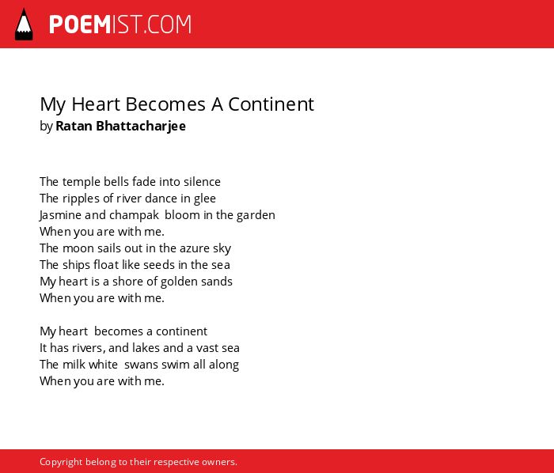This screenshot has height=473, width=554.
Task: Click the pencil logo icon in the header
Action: coord(24,25)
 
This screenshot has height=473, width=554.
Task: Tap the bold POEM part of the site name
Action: coord(80,25)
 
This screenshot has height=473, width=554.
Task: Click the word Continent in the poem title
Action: coord(271,104)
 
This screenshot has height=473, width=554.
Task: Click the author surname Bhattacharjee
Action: coord(141,126)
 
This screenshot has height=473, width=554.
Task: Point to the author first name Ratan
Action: coord(74,126)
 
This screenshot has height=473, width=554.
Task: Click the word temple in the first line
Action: coord(82,182)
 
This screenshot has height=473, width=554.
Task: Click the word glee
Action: coord(204,199)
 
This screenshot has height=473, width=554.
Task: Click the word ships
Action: coord(76,265)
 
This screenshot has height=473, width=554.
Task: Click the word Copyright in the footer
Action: coord(61,462)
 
